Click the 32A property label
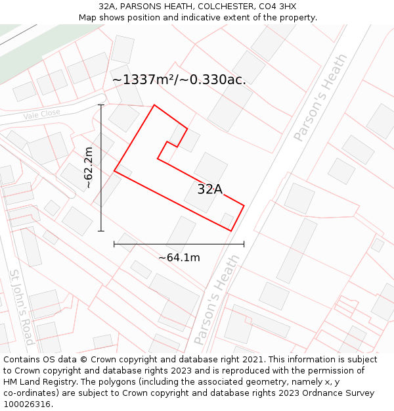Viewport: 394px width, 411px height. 210,189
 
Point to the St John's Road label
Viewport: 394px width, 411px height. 22,306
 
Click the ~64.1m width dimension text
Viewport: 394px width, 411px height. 179,258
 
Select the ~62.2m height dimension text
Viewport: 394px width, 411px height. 89,168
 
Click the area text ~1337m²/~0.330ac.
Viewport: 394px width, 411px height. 179,80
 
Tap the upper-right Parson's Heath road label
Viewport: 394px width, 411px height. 320,106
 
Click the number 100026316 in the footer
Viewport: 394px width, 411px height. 28,404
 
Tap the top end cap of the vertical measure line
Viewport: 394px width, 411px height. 101,105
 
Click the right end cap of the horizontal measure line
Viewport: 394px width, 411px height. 244,244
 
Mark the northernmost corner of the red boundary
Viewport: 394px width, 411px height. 154,105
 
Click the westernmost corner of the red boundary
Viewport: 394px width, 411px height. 114,171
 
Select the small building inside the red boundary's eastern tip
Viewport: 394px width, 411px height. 227,219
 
